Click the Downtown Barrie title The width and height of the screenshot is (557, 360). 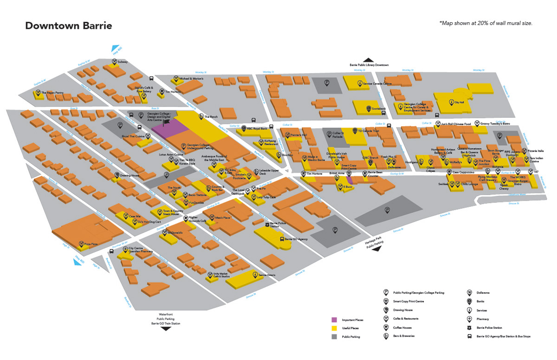point(68,26)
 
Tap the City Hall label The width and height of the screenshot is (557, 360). point(460,102)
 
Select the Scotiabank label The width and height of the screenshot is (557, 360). point(380,109)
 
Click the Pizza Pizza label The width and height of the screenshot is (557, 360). point(91,244)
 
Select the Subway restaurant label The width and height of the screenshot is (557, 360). point(123,62)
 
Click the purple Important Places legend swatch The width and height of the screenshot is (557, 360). point(334,320)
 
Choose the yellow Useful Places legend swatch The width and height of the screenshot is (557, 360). point(334,328)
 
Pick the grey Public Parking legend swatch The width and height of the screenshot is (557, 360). point(334,336)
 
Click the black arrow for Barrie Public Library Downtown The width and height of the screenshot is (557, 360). point(369,60)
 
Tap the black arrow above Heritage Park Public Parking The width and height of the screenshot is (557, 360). point(376,249)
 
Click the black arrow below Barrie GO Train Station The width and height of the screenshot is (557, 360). point(165,328)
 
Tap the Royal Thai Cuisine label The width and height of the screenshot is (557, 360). point(134,136)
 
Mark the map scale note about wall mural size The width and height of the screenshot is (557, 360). point(485,23)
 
